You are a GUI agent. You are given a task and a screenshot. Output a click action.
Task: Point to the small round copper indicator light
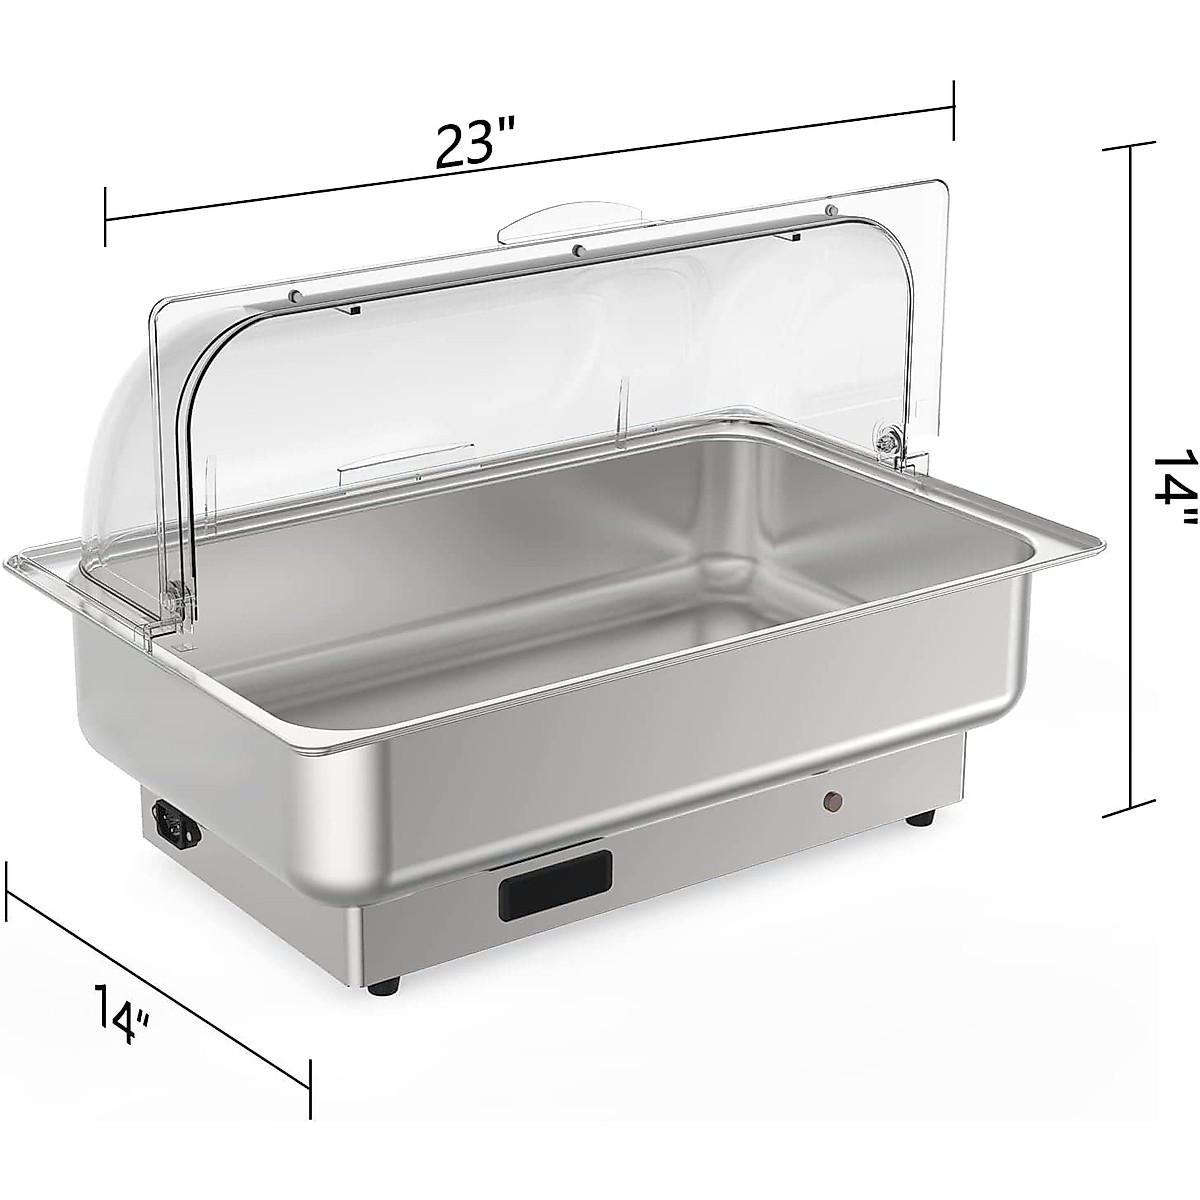829,772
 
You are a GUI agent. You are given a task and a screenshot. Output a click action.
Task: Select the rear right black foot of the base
921,816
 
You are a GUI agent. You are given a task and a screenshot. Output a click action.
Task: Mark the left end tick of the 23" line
105,216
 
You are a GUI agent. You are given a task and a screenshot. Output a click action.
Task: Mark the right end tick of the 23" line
955,109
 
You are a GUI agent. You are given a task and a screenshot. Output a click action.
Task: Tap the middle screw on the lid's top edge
578,248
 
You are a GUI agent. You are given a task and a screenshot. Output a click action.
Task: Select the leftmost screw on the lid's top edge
297,294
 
